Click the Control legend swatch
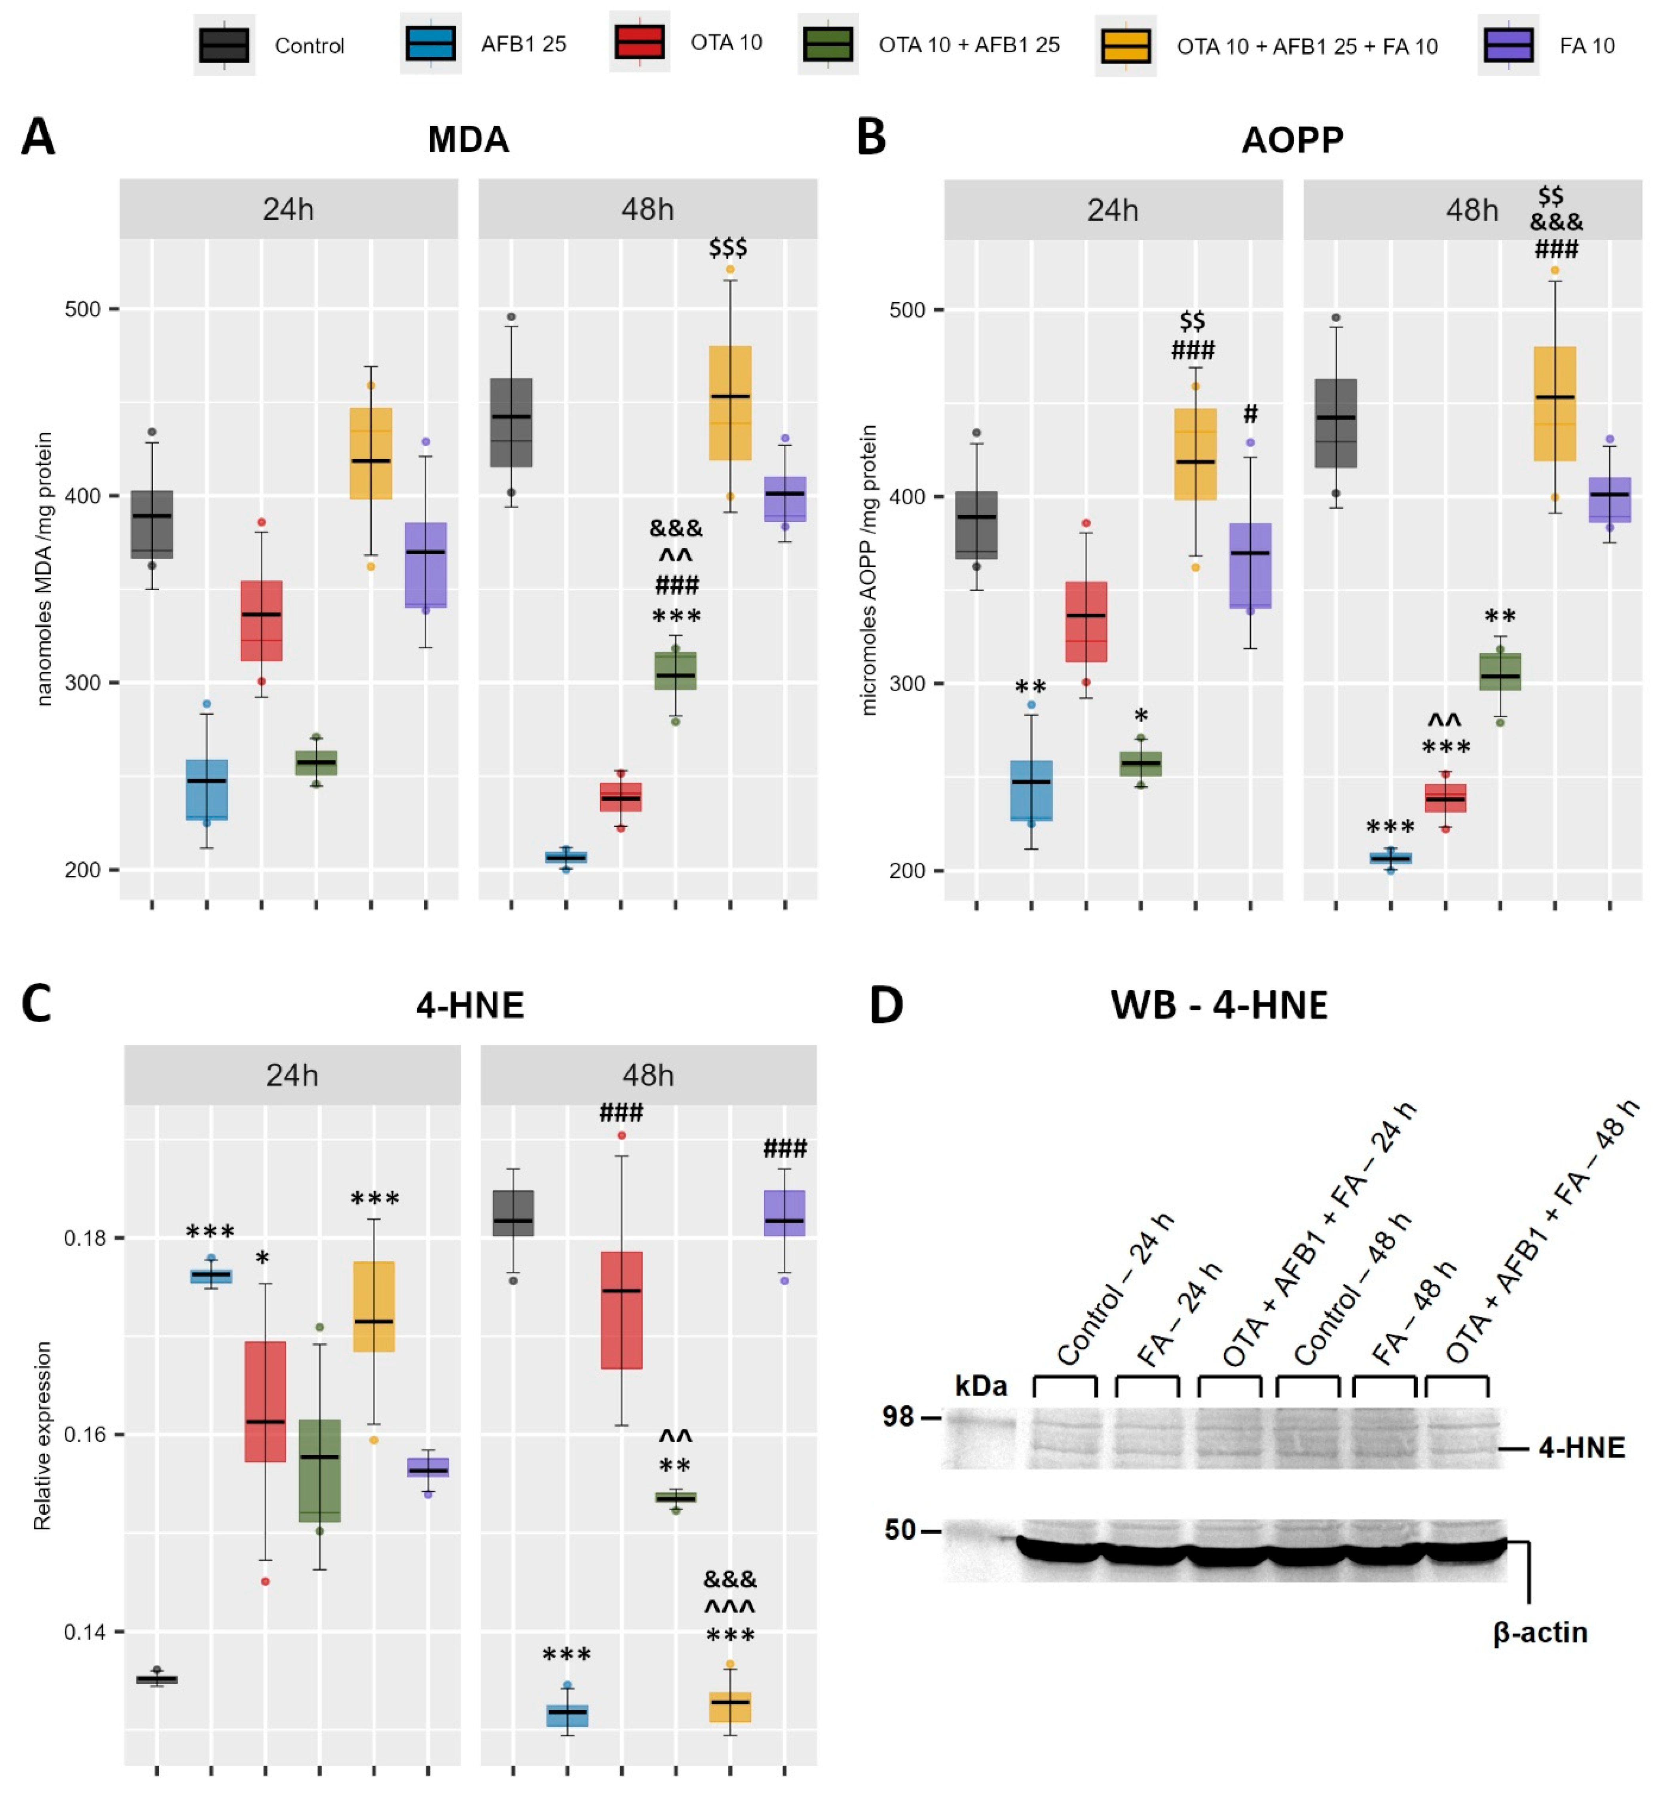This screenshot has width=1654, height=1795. pyautogui.click(x=224, y=45)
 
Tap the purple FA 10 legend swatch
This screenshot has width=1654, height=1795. pyautogui.click(x=1508, y=45)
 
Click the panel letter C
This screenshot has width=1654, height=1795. pyautogui.click(x=37, y=1004)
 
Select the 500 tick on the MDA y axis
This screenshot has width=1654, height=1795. pyautogui.click(x=82, y=310)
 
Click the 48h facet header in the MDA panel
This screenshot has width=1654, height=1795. pyautogui.click(x=647, y=209)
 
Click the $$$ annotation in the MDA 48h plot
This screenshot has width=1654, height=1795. pyautogui.click(x=727, y=248)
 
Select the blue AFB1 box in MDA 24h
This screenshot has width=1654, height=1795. pyautogui.click(x=207, y=790)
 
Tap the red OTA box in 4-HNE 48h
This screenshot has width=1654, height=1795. pyautogui.click(x=621, y=1310)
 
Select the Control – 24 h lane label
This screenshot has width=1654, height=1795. pyautogui.click(x=1114, y=1289)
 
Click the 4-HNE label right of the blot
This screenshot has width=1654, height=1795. pyautogui.click(x=1582, y=1448)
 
